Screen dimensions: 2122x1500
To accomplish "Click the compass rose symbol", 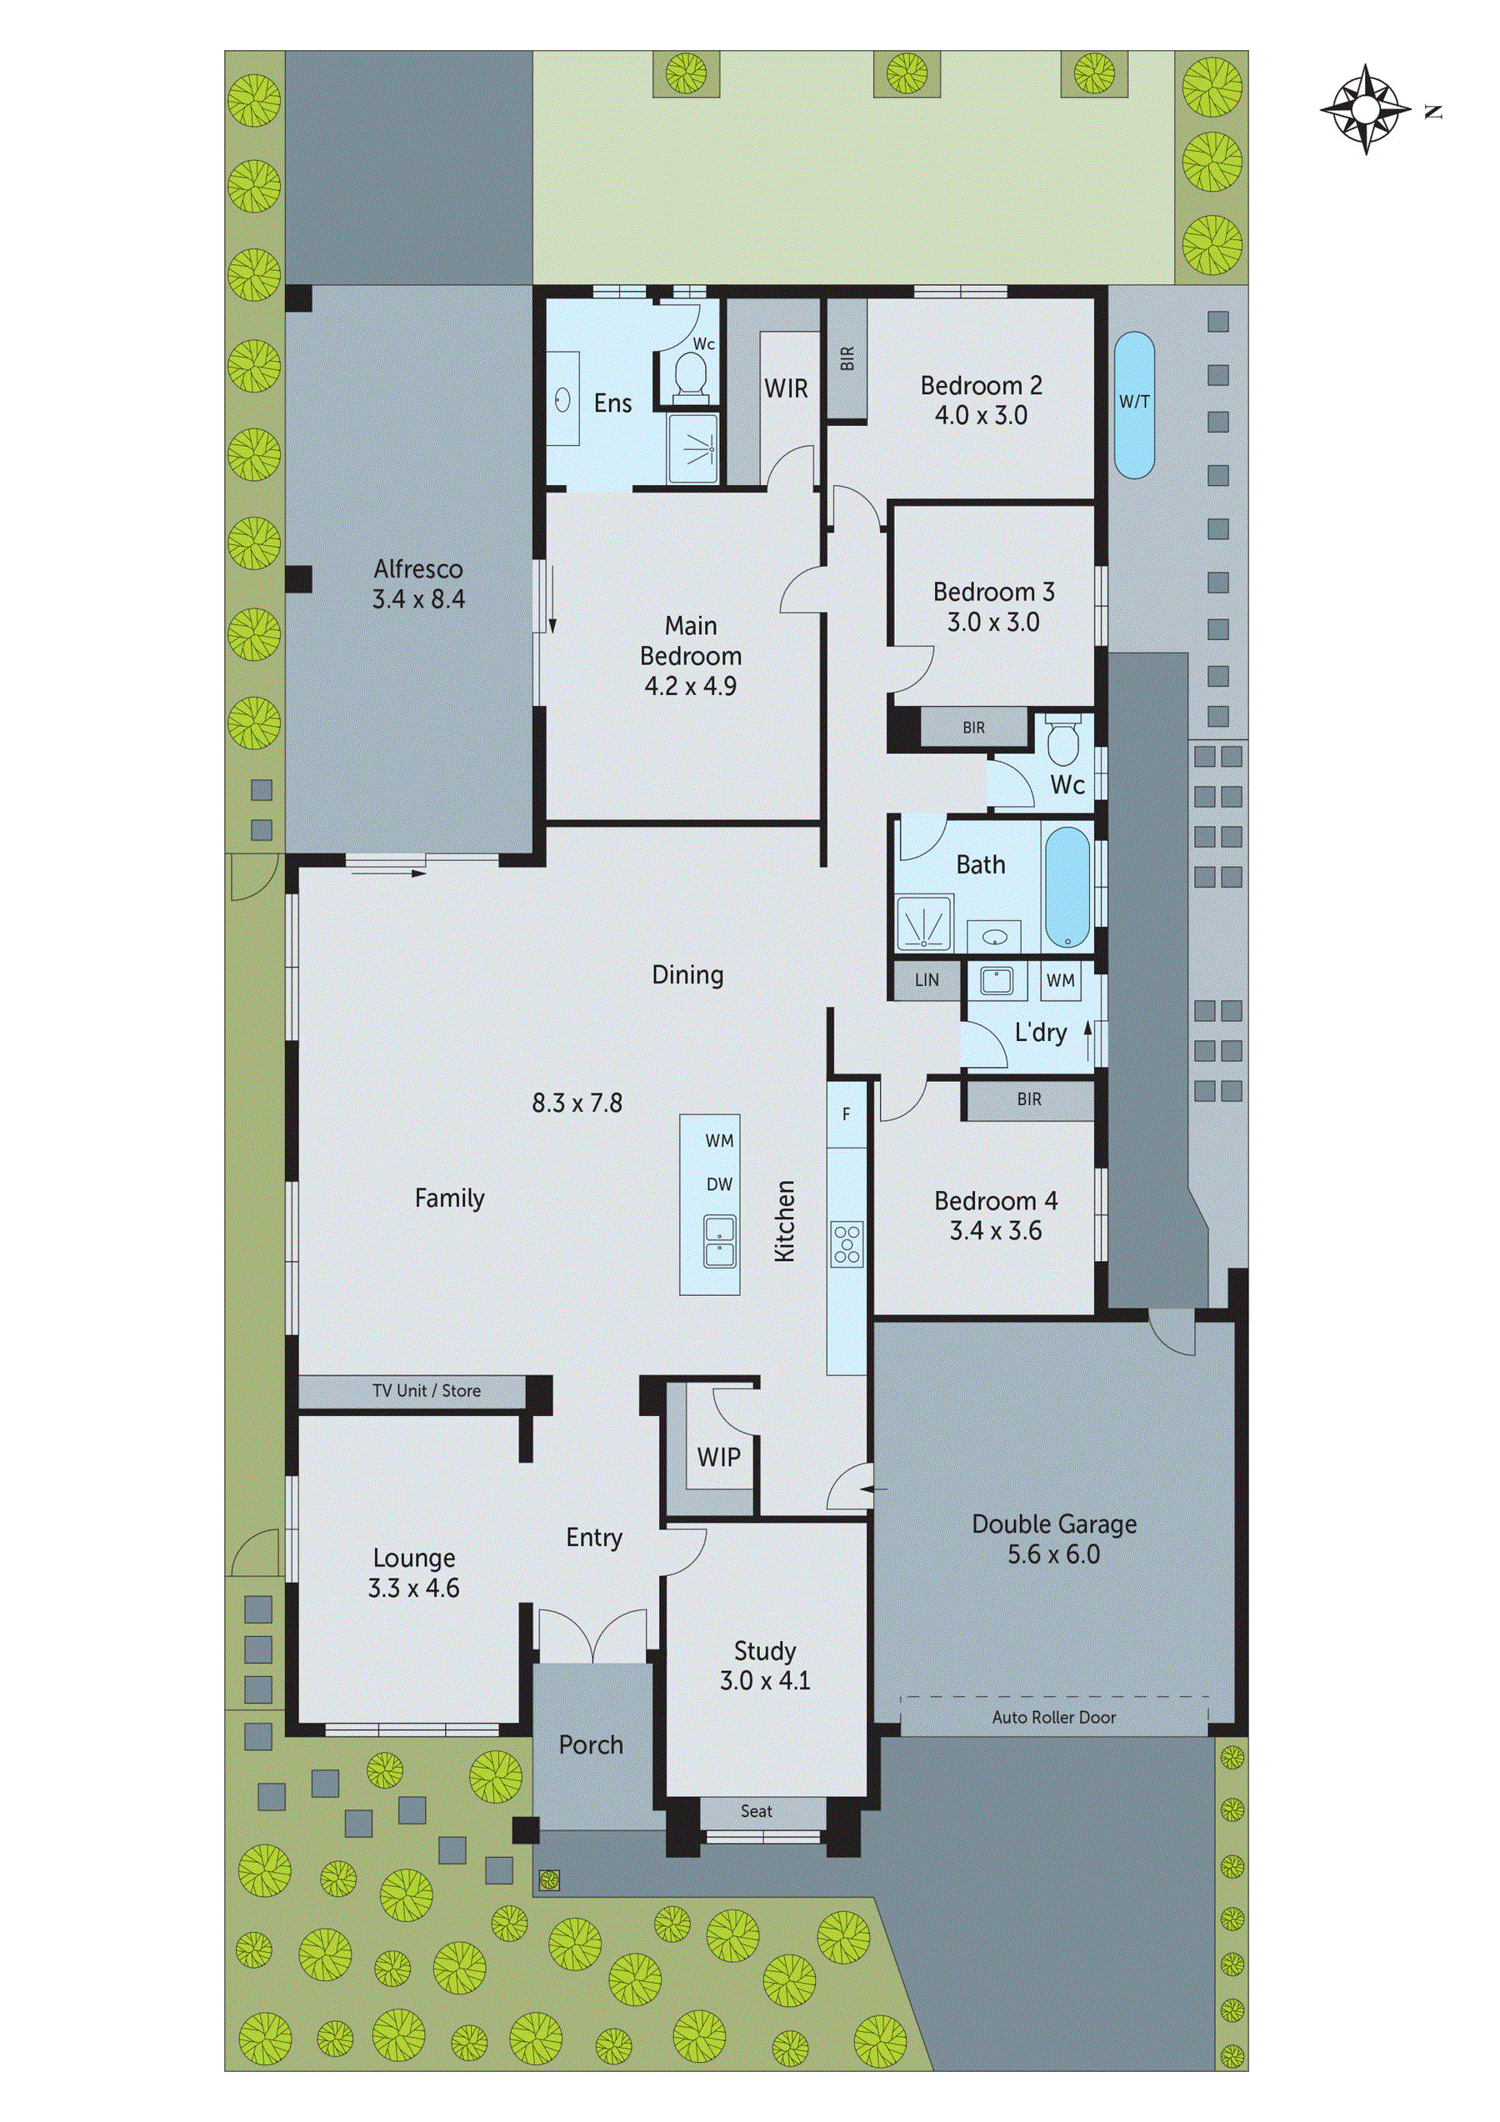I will (1365, 109).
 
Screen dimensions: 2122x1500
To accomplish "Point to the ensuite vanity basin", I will (562, 399).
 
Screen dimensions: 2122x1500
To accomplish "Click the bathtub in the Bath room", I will (1067, 888).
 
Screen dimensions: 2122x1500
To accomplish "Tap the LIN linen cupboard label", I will (926, 981).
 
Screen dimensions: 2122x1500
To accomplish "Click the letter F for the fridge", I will (846, 1114).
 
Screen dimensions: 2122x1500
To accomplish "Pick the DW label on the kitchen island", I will (719, 1185).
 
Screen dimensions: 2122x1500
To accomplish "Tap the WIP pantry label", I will (718, 1458).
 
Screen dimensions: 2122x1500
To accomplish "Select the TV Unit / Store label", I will (426, 1390).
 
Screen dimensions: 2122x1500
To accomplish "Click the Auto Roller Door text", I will (1053, 1717).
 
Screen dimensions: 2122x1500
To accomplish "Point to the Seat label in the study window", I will (756, 1811).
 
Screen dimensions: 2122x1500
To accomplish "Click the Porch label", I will (591, 1745).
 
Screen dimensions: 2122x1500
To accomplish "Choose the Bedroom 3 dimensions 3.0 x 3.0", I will (992, 622).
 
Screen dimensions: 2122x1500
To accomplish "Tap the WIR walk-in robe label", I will (786, 389).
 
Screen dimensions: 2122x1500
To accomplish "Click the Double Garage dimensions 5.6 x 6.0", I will (1053, 1554).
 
